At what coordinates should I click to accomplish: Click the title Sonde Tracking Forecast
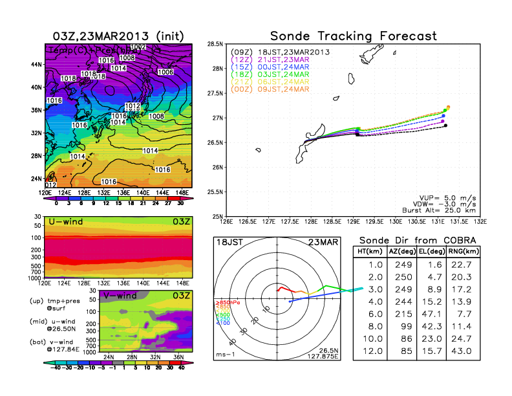click(353, 36)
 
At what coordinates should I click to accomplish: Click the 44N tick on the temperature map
click(36, 65)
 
